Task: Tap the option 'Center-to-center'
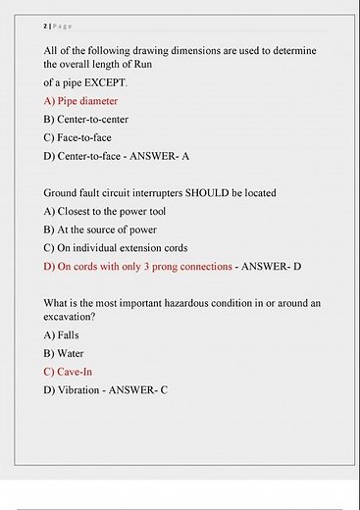pyautogui.click(x=85, y=119)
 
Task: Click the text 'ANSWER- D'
pyautogui.click(x=272, y=267)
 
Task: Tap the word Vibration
pyautogui.click(x=80, y=390)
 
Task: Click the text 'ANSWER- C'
pyautogui.click(x=139, y=390)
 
